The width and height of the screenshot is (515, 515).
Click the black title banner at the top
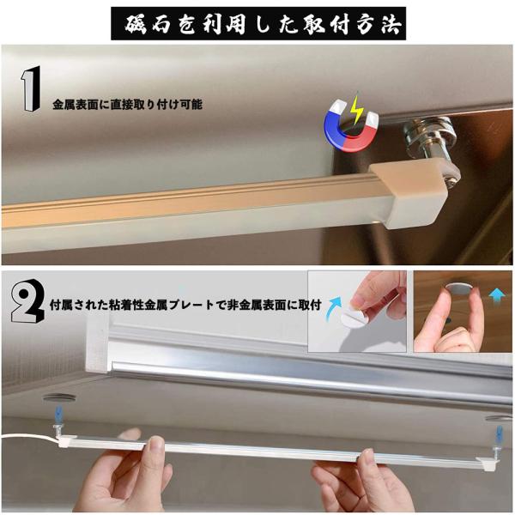(258, 23)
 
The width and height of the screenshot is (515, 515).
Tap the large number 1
(31, 88)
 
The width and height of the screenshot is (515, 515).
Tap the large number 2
(27, 301)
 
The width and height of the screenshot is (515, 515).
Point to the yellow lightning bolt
(356, 110)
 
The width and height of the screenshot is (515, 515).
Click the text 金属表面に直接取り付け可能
(127, 105)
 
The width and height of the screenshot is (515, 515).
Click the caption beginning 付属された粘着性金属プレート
(185, 305)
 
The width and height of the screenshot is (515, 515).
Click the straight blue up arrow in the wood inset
(497, 298)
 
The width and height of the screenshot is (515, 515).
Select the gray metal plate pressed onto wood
(459, 288)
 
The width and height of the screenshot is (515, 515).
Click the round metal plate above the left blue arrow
(59, 398)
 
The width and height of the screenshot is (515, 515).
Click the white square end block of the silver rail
(97, 344)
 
